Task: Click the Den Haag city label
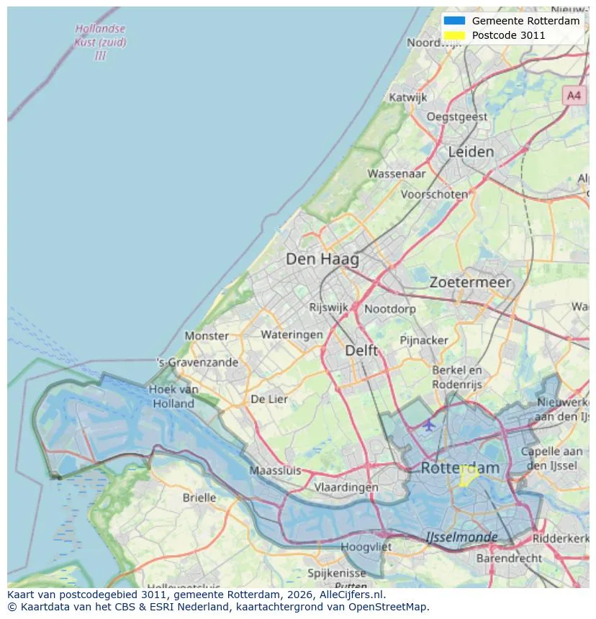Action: click(322, 260)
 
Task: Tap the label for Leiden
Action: click(471, 152)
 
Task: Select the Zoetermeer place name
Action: click(470, 283)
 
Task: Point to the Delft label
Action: click(361, 350)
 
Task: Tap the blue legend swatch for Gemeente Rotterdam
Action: click(455, 21)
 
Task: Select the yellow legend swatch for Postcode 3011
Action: click(455, 35)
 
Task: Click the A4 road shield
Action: click(573, 95)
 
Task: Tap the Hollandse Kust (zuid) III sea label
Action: click(100, 42)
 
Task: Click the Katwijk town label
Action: click(408, 97)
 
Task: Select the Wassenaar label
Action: click(396, 173)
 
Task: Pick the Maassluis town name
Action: click(275, 471)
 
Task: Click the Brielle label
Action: click(199, 498)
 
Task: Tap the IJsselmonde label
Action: click(461, 537)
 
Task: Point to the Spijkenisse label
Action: click(336, 573)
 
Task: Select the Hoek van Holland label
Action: click(173, 396)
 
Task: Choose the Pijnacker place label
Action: click(424, 339)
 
